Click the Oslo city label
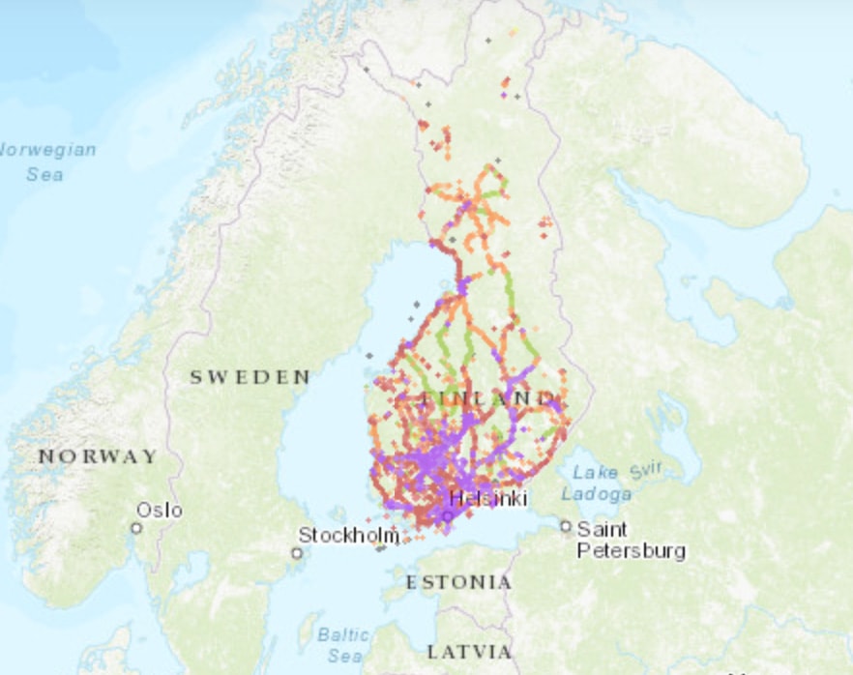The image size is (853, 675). tap(159, 510)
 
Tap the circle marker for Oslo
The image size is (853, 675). tap(136, 528)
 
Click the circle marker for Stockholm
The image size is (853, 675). tap(297, 553)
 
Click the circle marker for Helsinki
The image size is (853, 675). tap(447, 516)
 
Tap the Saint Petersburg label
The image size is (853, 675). tap(631, 541)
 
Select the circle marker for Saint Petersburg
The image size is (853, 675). tap(566, 526)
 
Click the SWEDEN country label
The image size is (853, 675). tap(250, 377)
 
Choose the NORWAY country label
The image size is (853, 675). tap(97, 455)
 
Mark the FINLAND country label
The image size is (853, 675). tap(489, 398)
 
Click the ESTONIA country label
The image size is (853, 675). tap(458, 582)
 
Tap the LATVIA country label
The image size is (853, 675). tap(469, 650)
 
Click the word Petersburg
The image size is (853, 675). tap(631, 551)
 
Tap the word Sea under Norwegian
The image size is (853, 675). tap(44, 174)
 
